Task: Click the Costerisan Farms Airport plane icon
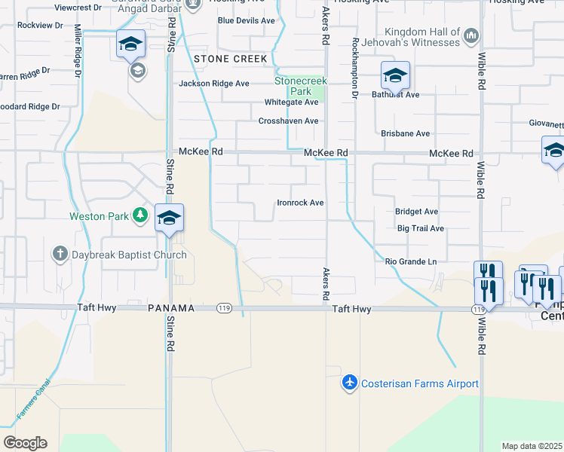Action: coord(349,383)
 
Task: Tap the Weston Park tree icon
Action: coord(139,216)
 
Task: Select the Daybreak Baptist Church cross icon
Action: coord(61,255)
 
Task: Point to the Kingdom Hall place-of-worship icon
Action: coord(471,35)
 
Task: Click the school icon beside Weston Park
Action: coord(169,218)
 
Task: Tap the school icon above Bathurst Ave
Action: coord(395,75)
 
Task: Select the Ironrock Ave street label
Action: coord(300,203)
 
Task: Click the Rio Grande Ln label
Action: coord(411,261)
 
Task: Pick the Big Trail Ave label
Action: coord(421,228)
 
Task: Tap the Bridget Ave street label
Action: coord(416,212)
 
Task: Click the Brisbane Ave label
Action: coord(406,133)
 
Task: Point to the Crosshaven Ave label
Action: coord(288,121)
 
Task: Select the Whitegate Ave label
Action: coord(291,102)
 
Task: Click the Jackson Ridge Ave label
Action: coord(213,84)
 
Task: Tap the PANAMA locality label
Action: coord(171,309)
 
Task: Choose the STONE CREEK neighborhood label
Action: coord(230,59)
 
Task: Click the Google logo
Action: coord(25,442)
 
